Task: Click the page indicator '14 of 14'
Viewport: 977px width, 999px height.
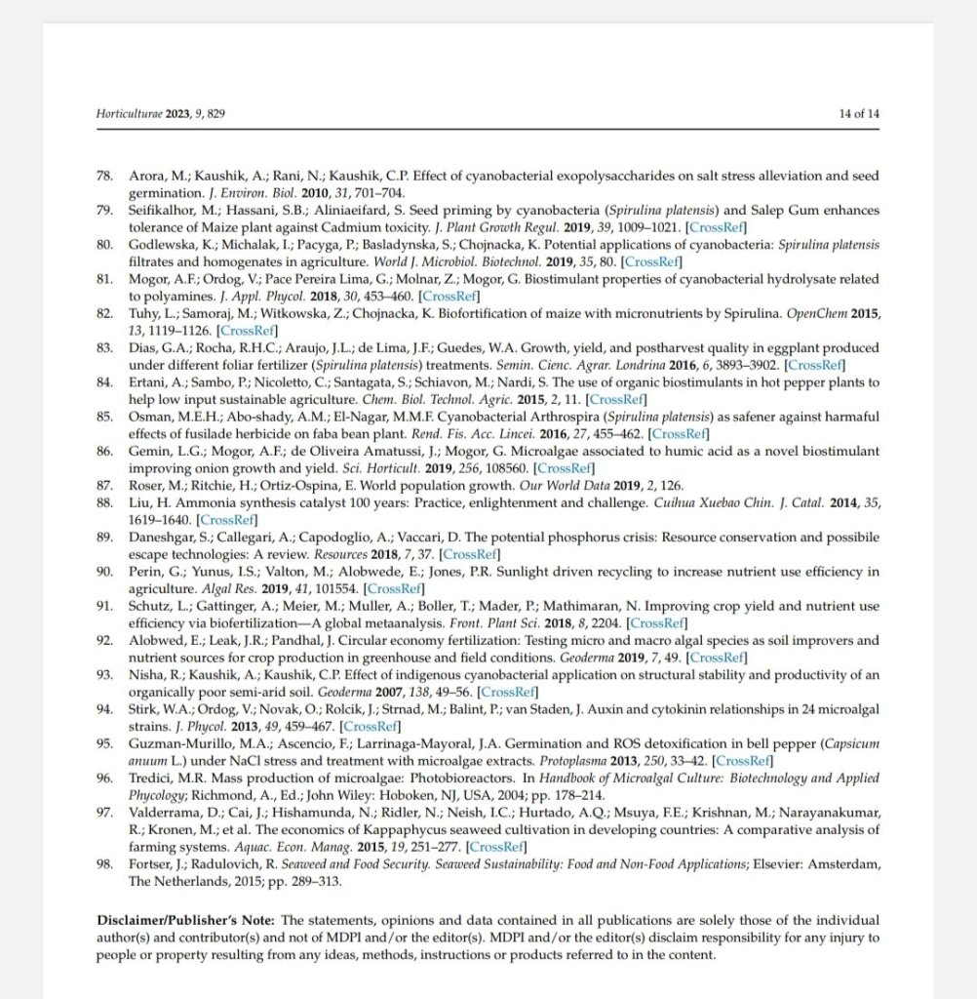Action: (859, 114)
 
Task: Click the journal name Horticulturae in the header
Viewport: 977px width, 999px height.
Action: (131, 114)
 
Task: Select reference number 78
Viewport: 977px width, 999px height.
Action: (104, 177)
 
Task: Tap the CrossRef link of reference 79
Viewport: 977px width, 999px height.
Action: (717, 227)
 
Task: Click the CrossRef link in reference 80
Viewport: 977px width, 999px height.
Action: (652, 261)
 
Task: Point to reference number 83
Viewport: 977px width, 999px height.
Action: (104, 347)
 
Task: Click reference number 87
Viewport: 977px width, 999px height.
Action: (104, 485)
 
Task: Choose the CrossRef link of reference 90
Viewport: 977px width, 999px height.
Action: (395, 588)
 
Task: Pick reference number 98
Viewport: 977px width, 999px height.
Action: (104, 863)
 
